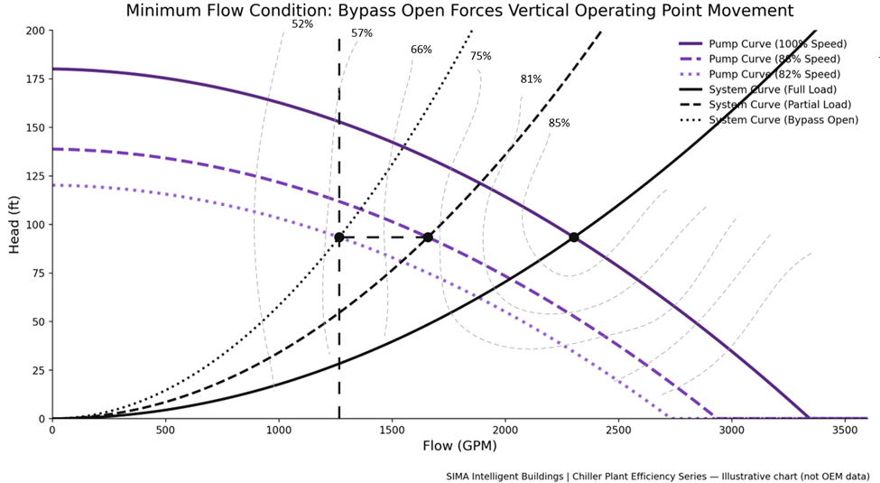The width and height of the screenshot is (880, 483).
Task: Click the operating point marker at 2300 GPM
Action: pyautogui.click(x=573, y=237)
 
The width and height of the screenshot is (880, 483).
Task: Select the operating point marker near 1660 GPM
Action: pyautogui.click(x=428, y=237)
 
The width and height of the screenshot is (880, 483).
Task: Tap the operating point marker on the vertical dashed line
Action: pyautogui.click(x=339, y=237)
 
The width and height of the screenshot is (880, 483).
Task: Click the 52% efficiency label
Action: pyautogui.click(x=302, y=24)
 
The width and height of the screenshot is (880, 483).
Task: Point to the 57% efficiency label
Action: pyautogui.click(x=362, y=33)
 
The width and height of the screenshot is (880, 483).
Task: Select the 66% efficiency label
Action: pyautogui.click(x=421, y=50)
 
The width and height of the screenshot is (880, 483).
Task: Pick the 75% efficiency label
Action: pyautogui.click(x=481, y=56)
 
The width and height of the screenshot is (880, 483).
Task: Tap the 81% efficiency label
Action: pyautogui.click(x=531, y=79)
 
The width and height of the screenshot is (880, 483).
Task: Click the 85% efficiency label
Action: pyautogui.click(x=560, y=123)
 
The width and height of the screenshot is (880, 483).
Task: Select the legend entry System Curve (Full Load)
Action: pyautogui.click(x=773, y=89)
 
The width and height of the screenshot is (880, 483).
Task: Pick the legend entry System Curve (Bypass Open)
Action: pyautogui.click(x=783, y=120)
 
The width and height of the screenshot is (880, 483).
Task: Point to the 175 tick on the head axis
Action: pyautogui.click(x=34, y=79)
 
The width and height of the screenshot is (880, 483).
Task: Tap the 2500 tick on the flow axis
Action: pyautogui.click(x=618, y=431)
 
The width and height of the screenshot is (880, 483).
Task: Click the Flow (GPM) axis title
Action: pyautogui.click(x=459, y=446)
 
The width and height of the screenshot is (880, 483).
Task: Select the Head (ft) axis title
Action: pyautogui.click(x=14, y=225)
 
